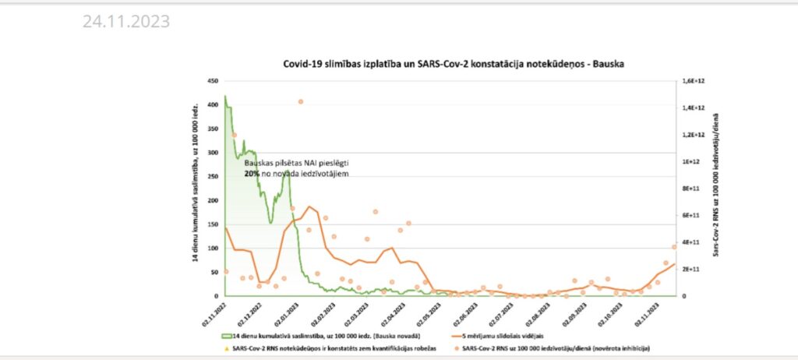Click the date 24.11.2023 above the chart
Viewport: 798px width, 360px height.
pyautogui.click(x=125, y=22)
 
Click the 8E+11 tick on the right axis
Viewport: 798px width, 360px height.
pyautogui.click(x=691, y=189)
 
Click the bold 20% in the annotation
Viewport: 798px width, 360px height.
pyautogui.click(x=252, y=175)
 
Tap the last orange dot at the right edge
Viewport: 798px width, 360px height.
pyautogui.click(x=674, y=247)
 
